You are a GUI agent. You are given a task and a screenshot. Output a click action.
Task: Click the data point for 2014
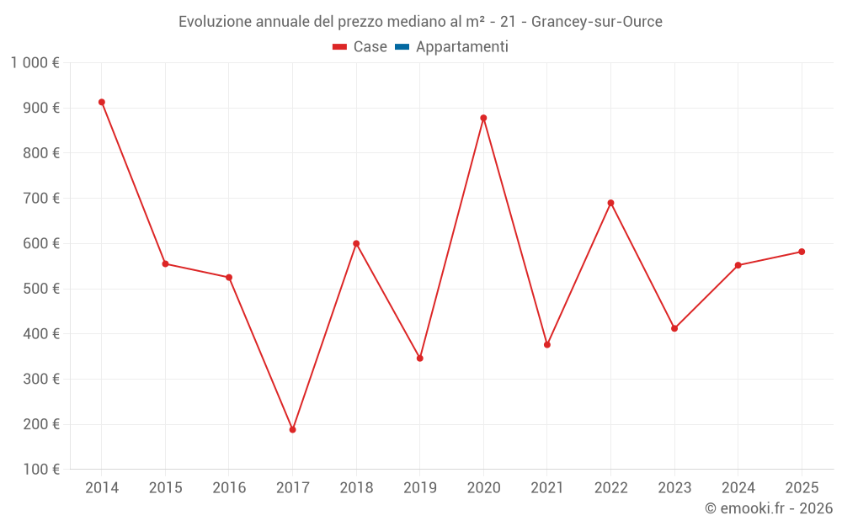tap(102, 103)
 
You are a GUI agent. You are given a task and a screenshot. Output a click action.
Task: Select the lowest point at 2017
tap(292, 430)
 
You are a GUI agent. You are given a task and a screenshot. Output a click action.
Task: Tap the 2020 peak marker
tap(483, 118)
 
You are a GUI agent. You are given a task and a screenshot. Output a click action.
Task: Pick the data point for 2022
tap(610, 203)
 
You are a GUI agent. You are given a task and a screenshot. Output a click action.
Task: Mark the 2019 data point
tap(420, 359)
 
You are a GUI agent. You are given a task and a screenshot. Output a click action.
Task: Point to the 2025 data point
tap(802, 252)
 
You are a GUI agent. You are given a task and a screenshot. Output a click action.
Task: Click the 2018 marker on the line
tap(356, 244)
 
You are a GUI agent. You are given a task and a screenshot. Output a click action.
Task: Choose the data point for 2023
tap(674, 328)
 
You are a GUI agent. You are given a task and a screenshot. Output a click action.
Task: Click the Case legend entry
tap(360, 47)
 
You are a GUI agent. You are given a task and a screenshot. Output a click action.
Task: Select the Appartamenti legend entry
tap(452, 47)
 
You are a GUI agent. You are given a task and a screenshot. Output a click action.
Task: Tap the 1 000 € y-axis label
tap(35, 62)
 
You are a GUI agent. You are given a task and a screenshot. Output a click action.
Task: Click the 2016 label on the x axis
tap(229, 488)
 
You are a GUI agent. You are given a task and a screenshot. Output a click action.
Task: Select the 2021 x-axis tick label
tap(547, 488)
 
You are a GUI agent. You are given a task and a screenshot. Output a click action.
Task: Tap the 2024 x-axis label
tap(738, 488)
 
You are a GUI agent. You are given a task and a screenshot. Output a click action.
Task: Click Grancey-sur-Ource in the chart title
tap(596, 22)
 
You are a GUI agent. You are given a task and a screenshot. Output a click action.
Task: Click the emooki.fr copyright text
tap(769, 508)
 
